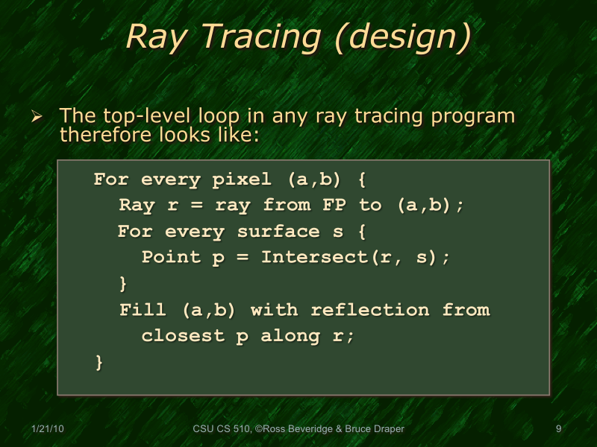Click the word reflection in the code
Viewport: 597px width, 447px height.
[372, 310]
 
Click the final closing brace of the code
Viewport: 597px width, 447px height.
[99, 362]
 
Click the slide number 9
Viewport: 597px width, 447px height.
[558, 428]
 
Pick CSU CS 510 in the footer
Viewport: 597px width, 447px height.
[220, 428]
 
